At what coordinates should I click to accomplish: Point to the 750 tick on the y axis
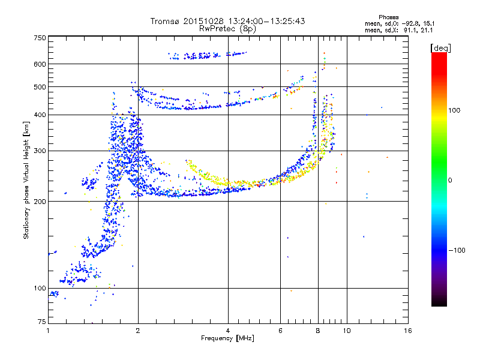[40, 37]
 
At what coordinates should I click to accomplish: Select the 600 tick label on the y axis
[40, 64]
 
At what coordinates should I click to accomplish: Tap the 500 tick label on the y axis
[40, 87]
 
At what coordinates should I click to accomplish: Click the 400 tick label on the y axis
[40, 115]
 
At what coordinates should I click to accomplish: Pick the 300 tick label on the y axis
[40, 151]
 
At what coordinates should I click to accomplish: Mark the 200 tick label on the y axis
[40, 201]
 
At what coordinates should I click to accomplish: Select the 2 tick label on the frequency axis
[138, 331]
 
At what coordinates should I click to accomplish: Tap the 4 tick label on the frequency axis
[228, 331]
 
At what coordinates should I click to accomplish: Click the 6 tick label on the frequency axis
[280, 331]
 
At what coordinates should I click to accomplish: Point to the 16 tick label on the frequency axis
[407, 331]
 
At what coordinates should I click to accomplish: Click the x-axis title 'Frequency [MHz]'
[227, 338]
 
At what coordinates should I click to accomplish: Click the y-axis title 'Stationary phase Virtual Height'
[26, 180]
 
